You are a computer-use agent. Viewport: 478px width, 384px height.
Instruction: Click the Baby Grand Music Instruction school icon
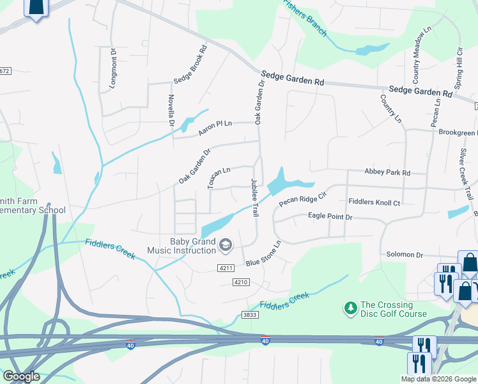[x=225, y=244]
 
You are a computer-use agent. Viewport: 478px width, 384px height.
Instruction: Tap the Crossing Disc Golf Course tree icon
[x=350, y=308]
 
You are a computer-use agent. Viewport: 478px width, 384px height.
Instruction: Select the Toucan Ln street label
[x=219, y=178]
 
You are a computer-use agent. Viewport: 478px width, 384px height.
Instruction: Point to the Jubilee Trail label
[x=254, y=197]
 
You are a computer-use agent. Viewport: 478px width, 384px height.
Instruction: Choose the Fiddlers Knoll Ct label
[x=374, y=202]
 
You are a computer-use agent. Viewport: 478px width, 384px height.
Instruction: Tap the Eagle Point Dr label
[x=330, y=217]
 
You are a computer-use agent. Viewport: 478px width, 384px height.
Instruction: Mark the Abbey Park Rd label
[x=387, y=173]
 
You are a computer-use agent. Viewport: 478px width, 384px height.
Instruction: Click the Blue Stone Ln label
[x=263, y=254]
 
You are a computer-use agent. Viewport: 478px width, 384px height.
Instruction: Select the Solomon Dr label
[x=405, y=255]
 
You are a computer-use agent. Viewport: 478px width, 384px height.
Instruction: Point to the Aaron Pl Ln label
[x=215, y=127]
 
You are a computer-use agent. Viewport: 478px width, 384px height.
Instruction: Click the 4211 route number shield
[x=225, y=268]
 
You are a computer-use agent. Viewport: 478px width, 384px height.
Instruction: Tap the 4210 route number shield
[x=240, y=282]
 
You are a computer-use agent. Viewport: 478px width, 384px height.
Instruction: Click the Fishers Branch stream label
[x=305, y=18]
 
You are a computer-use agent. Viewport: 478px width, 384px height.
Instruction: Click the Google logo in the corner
[x=21, y=376]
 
